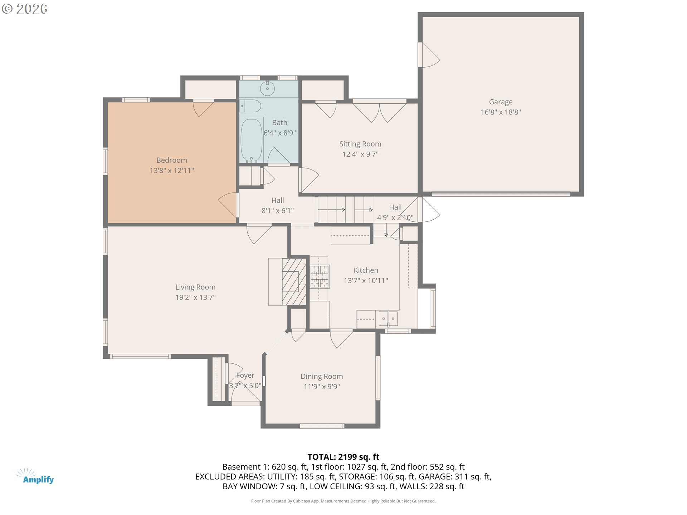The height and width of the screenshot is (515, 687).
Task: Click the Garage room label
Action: [501, 102]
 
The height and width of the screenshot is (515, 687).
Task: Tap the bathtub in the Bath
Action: [251, 140]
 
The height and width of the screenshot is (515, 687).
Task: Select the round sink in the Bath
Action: [267, 88]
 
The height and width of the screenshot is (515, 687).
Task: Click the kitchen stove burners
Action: [320, 276]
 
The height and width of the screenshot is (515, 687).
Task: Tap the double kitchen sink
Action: [388, 318]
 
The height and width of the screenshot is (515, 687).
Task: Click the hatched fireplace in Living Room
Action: [294, 281]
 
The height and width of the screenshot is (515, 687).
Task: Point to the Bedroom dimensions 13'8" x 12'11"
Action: [172, 171]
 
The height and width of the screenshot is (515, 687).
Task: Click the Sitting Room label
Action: [360, 144]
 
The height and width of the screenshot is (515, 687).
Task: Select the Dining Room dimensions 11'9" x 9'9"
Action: [322, 387]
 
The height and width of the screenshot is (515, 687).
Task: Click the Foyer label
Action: [245, 376]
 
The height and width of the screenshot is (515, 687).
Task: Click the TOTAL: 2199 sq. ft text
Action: [343, 457]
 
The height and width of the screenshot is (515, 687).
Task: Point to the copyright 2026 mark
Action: [24, 9]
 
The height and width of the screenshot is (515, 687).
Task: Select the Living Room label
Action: [195, 287]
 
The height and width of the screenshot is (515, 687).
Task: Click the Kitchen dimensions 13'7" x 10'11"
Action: [366, 281]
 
